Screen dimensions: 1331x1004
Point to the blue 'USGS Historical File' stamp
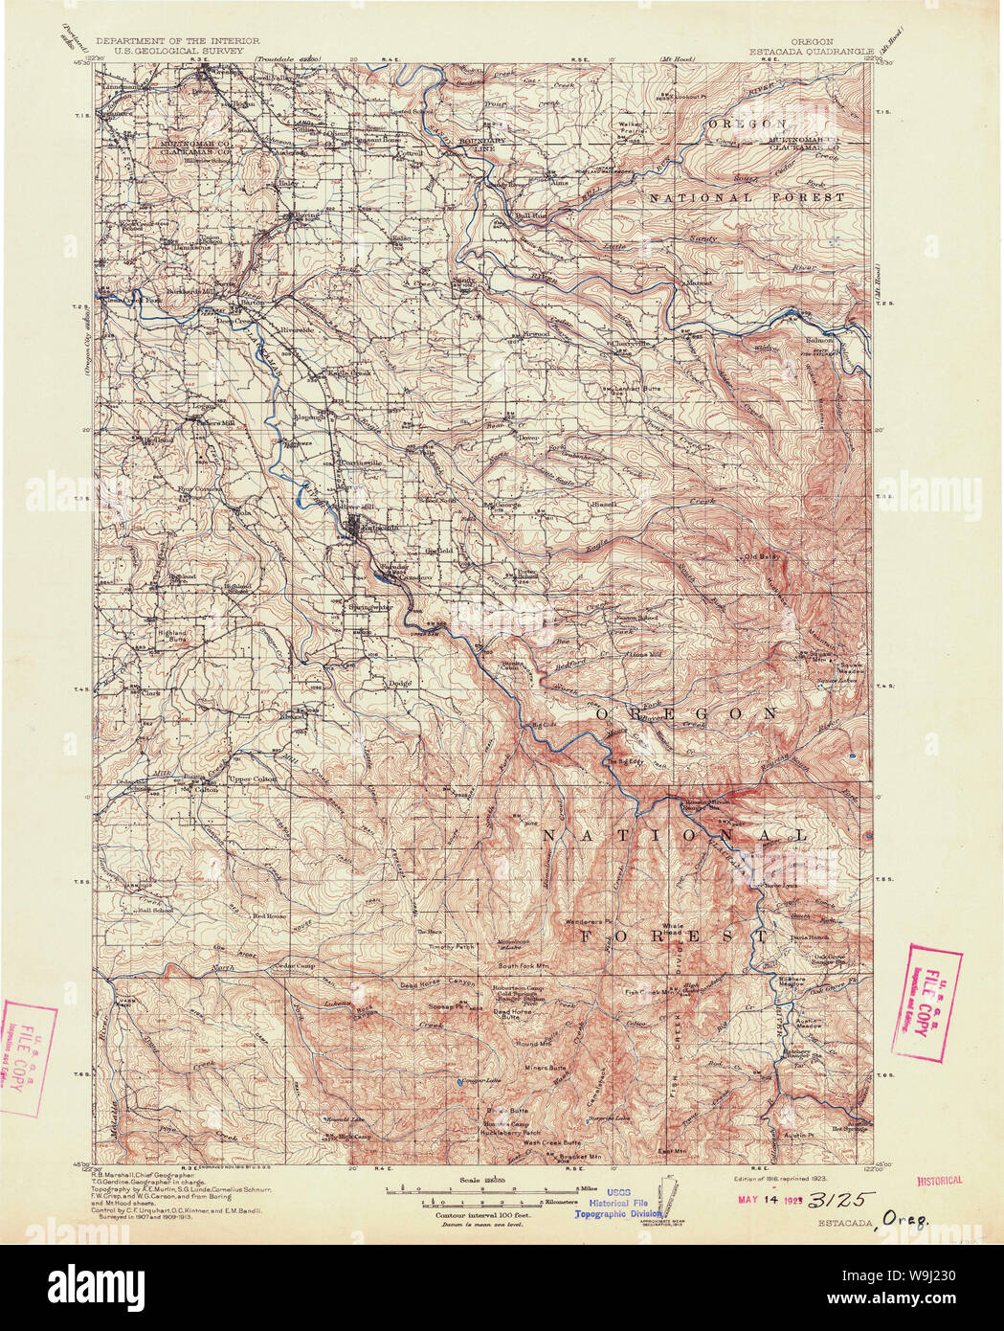(x=618, y=1205)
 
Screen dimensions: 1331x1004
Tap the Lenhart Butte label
(x=636, y=388)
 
